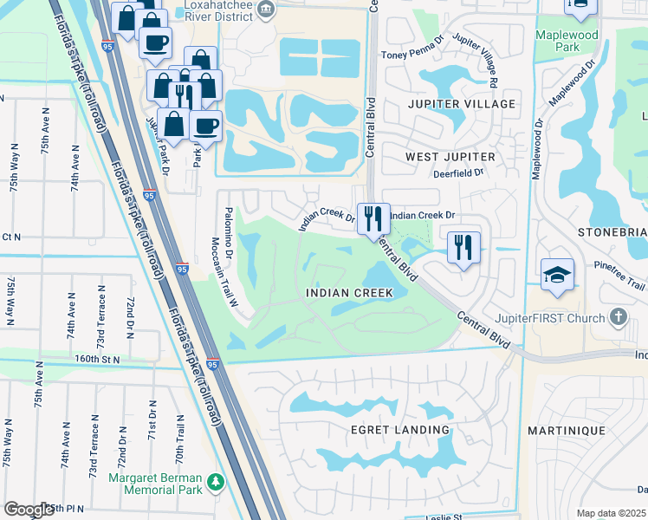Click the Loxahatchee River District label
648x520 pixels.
(x=212, y=12)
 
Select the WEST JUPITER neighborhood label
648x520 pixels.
(x=450, y=157)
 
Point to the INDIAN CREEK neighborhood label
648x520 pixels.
(x=350, y=293)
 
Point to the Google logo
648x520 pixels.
(x=28, y=509)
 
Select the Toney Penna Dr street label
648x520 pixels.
(x=413, y=55)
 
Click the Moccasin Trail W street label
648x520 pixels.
(x=232, y=273)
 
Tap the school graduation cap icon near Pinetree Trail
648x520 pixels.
(x=555, y=276)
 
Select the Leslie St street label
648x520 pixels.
(x=445, y=517)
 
